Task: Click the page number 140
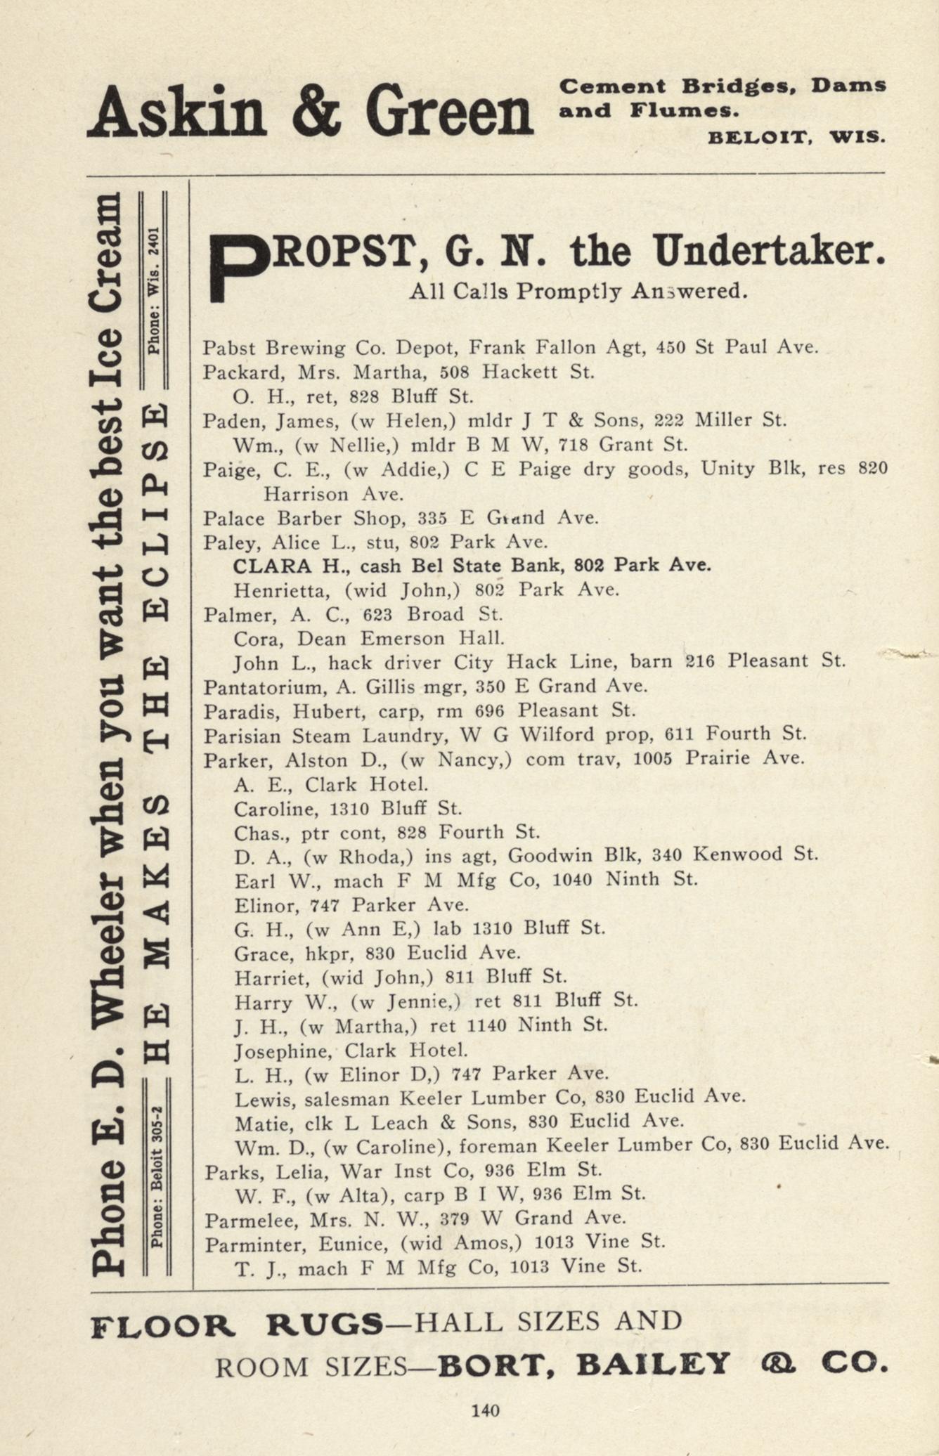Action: tap(485, 1410)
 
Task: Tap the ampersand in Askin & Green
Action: tap(316, 112)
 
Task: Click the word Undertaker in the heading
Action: tap(769, 252)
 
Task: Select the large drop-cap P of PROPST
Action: tap(238, 269)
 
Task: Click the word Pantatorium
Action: tap(247, 687)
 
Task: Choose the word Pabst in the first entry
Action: tap(226, 348)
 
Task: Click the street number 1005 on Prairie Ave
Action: tap(654, 758)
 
